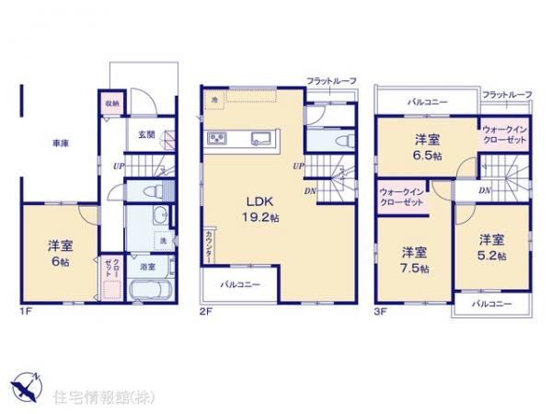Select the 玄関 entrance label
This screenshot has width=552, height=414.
146,134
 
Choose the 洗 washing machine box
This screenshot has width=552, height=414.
162,241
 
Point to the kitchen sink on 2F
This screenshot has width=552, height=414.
259,140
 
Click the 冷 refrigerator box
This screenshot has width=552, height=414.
213,99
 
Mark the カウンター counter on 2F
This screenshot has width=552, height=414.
210,247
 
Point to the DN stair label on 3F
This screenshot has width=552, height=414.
485,190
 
